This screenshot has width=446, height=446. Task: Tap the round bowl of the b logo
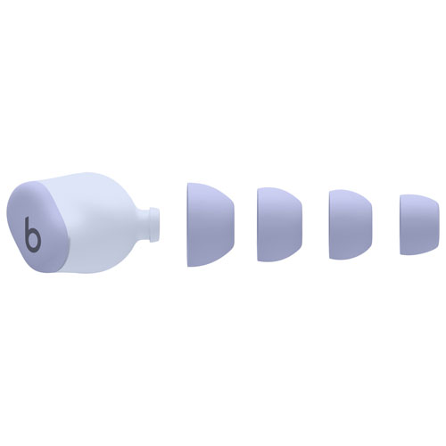click(34, 240)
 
